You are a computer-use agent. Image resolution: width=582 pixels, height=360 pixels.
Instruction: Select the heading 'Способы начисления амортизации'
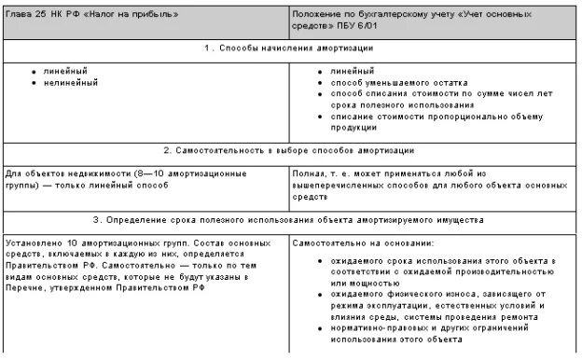tap(290, 48)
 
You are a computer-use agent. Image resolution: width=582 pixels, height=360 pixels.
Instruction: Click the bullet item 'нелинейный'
tap(68, 82)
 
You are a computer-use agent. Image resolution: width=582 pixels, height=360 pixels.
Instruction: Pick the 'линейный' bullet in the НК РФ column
tap(62, 71)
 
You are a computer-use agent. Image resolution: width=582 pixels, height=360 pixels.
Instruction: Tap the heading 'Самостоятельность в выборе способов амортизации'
tap(290, 149)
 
